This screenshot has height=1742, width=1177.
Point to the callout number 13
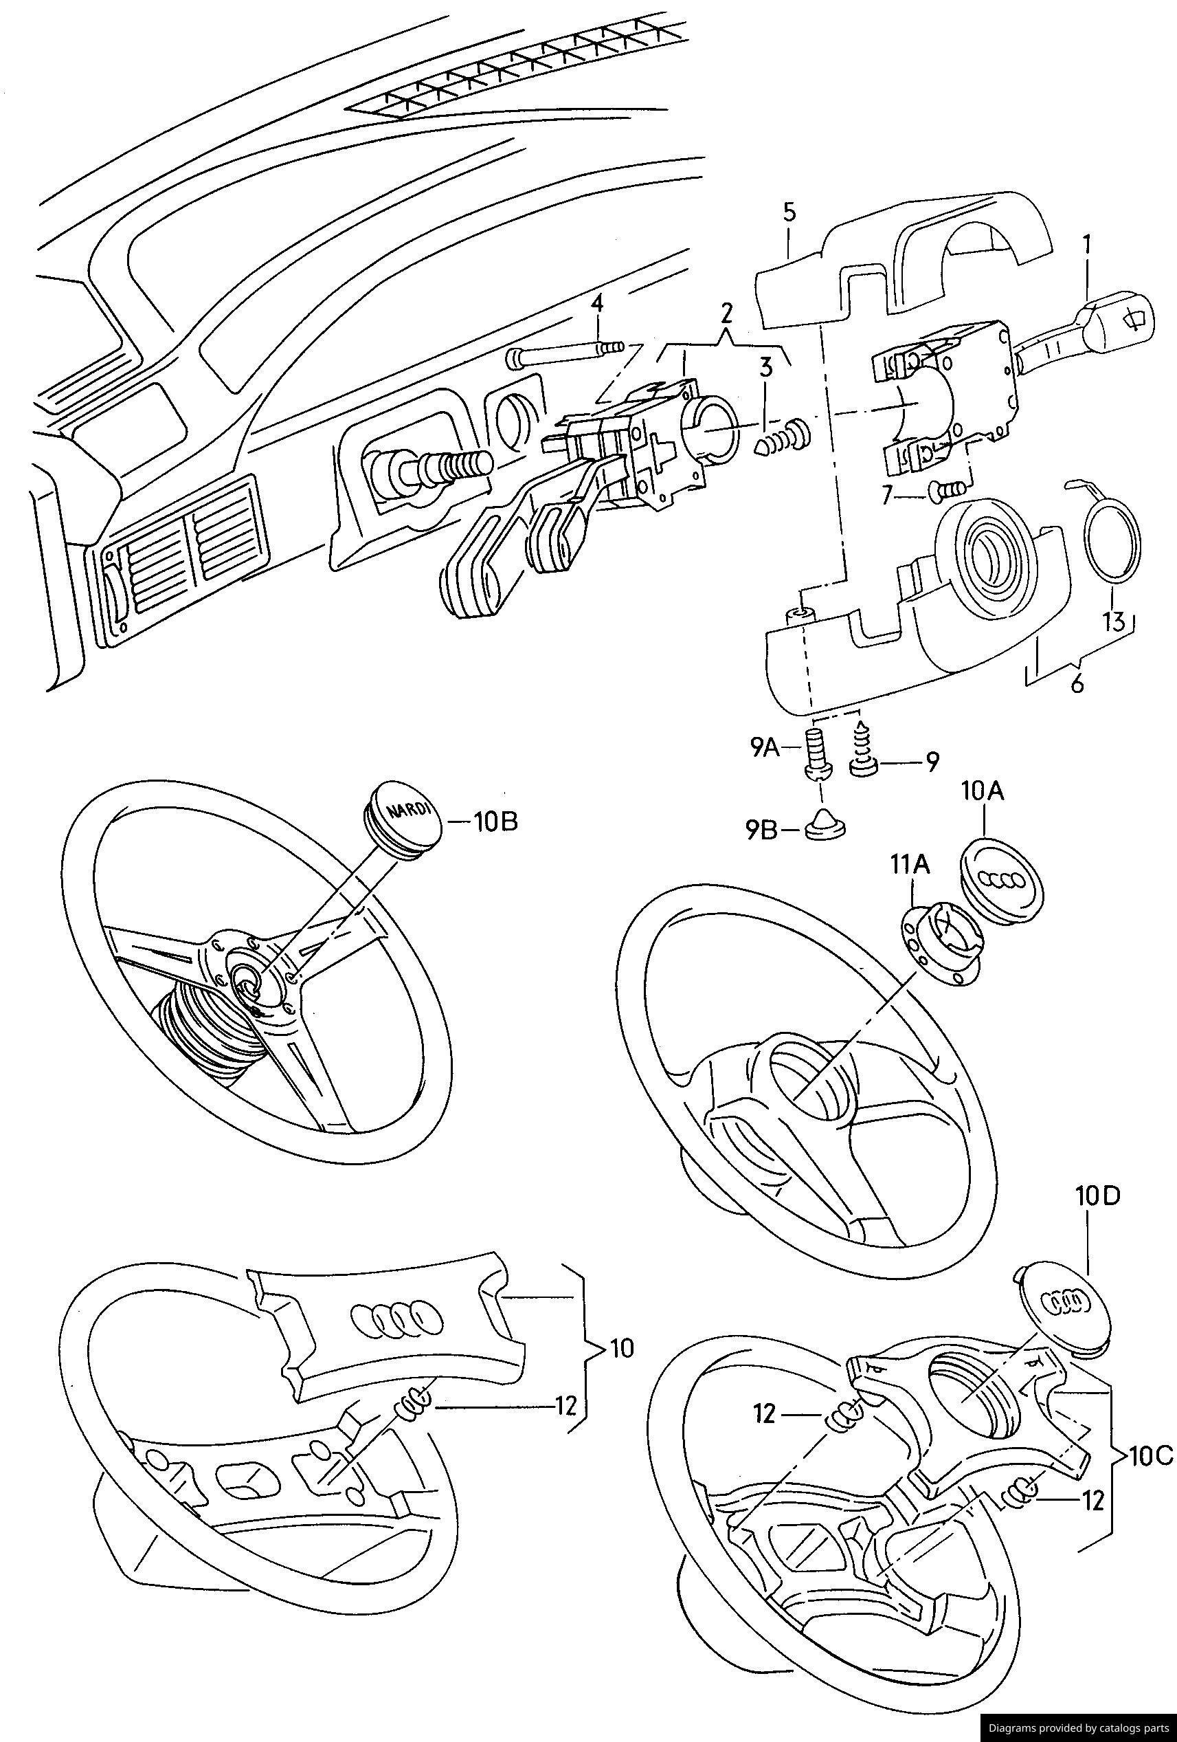pyautogui.click(x=1113, y=621)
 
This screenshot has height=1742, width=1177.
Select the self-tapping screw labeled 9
pyautogui.click(x=863, y=744)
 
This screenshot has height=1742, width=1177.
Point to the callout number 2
pyautogui.click(x=726, y=312)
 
